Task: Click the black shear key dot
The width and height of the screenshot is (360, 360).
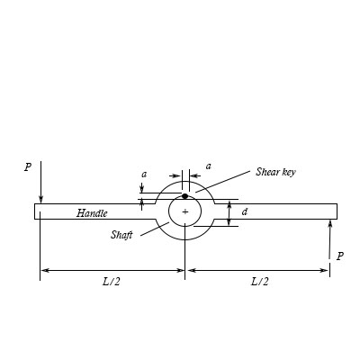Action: coord(184,195)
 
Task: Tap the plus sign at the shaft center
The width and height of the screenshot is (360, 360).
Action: coord(185,211)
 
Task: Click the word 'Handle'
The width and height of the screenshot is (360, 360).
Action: coord(92,213)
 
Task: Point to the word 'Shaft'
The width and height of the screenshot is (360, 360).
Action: coord(122,234)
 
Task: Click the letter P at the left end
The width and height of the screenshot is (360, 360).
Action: coord(28,166)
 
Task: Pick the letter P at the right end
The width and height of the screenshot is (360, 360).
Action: coord(339,256)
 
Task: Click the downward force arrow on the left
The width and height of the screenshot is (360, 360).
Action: coord(40,184)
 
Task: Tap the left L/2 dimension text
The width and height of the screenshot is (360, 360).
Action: coord(112,281)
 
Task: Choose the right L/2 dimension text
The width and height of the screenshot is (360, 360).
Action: coord(258,281)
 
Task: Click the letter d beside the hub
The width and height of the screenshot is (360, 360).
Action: coord(245,212)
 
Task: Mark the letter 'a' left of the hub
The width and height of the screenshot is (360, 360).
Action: coord(144,174)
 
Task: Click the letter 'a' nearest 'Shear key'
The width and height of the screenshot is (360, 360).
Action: coord(209,166)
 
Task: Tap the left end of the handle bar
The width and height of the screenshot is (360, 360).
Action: coord(37,211)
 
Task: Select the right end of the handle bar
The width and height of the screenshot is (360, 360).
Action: coord(335,211)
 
